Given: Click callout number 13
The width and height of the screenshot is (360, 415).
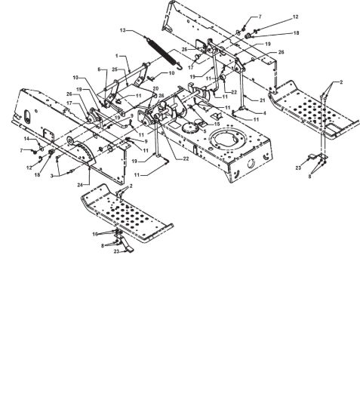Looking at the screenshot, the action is pos(122,30).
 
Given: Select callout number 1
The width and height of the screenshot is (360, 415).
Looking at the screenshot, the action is pos(117,56).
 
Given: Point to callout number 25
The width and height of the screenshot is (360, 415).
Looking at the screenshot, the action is pos(115,69).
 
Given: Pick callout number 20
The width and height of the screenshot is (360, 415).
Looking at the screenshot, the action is pos(155,89).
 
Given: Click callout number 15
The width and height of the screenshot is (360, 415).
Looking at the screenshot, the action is pos(217,124).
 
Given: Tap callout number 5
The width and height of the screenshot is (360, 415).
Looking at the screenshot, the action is pos(205,131).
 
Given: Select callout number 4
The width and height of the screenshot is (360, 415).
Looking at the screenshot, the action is pos(264,113).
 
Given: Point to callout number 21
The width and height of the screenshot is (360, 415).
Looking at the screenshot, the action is pos(262,100).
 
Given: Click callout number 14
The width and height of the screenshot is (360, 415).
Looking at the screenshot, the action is pos(26,139).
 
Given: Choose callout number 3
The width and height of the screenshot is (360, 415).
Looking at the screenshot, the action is pos(52,175).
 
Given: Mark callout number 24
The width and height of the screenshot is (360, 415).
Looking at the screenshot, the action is pos(80,185).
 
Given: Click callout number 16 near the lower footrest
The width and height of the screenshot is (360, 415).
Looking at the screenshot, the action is pos(95,234).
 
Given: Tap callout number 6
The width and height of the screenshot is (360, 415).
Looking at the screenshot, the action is pos(100,69).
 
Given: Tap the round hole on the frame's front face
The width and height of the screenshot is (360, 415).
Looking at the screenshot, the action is pos(251,164).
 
